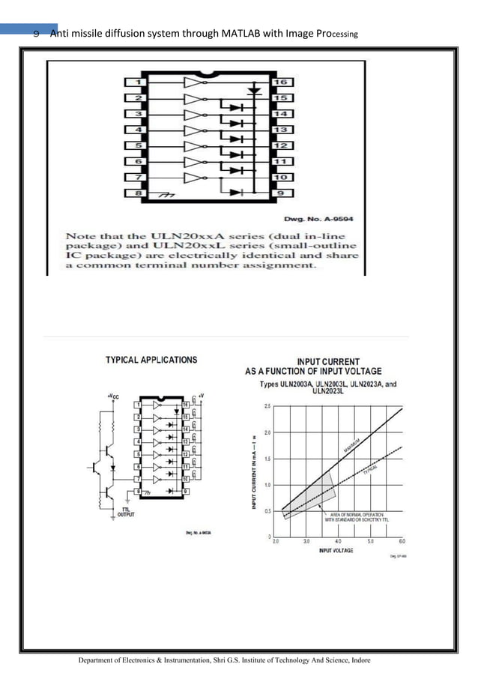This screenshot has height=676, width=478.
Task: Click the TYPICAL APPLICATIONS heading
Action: coord(151,360)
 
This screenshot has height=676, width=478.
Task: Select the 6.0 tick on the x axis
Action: coord(402,541)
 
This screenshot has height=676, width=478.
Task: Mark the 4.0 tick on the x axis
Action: coord(338,541)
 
